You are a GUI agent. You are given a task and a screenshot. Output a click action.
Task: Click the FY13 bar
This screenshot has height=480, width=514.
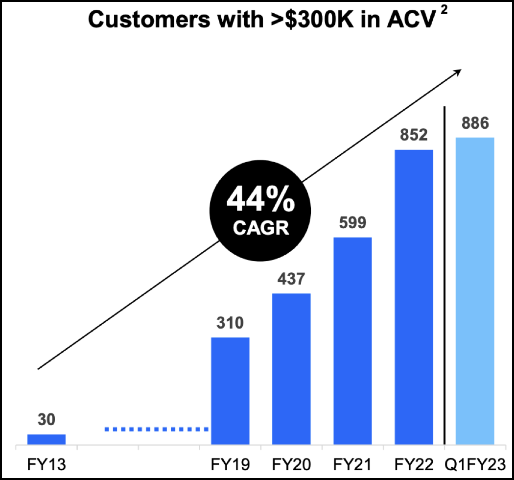click(x=47, y=439)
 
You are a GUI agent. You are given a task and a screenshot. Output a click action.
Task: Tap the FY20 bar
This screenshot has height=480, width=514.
click(x=291, y=369)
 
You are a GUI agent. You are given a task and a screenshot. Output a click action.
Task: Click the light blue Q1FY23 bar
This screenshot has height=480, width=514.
click(x=475, y=291)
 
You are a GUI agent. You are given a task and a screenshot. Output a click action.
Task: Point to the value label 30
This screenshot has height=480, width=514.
click(x=46, y=420)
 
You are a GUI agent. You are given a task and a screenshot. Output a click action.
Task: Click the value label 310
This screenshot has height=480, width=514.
click(x=230, y=323)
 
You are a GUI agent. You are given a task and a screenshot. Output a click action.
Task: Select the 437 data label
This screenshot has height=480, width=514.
click(x=291, y=279)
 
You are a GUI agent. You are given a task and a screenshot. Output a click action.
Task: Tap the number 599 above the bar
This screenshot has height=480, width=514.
click(x=352, y=223)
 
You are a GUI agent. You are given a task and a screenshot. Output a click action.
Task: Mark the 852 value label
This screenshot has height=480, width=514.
click(x=414, y=135)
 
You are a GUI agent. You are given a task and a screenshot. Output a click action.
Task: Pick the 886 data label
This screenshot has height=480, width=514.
click(x=474, y=123)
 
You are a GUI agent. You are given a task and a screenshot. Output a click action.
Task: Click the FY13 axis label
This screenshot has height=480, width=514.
click(x=47, y=463)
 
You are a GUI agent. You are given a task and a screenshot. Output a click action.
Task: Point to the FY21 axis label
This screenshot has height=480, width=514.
click(x=352, y=463)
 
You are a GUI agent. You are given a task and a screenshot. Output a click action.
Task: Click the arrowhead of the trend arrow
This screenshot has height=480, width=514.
click(x=458, y=72)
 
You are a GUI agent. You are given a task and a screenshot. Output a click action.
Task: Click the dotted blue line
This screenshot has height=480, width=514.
click(x=157, y=429)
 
